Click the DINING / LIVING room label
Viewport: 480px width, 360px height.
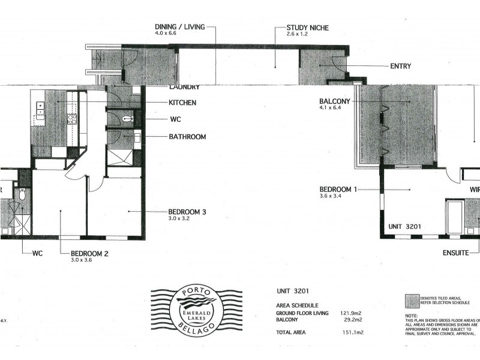pyautogui.click(x=180, y=26)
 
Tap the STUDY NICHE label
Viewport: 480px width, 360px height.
pyautogui.click(x=308, y=28)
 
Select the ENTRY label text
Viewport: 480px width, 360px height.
pyautogui.click(x=400, y=66)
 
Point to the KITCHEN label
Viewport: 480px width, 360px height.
pyautogui.click(x=182, y=103)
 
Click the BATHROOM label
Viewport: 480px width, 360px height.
pyautogui.click(x=187, y=137)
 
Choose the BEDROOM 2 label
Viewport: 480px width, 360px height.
pyautogui.click(x=89, y=254)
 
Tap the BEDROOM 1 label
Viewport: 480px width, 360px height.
pyautogui.click(x=338, y=190)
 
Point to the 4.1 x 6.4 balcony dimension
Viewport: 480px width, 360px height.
pyautogui.click(x=332, y=109)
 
